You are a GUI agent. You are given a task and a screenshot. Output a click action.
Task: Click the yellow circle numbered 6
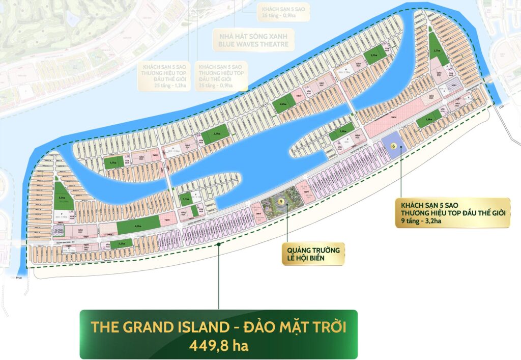pos(393,145)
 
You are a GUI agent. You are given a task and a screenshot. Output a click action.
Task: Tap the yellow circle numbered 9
pos(281,202)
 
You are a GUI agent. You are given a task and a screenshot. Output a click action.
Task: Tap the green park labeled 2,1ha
pos(374,56)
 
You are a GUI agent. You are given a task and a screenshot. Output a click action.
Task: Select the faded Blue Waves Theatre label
pos(253,40)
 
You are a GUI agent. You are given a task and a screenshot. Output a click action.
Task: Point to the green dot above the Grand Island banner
pos(219,244)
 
